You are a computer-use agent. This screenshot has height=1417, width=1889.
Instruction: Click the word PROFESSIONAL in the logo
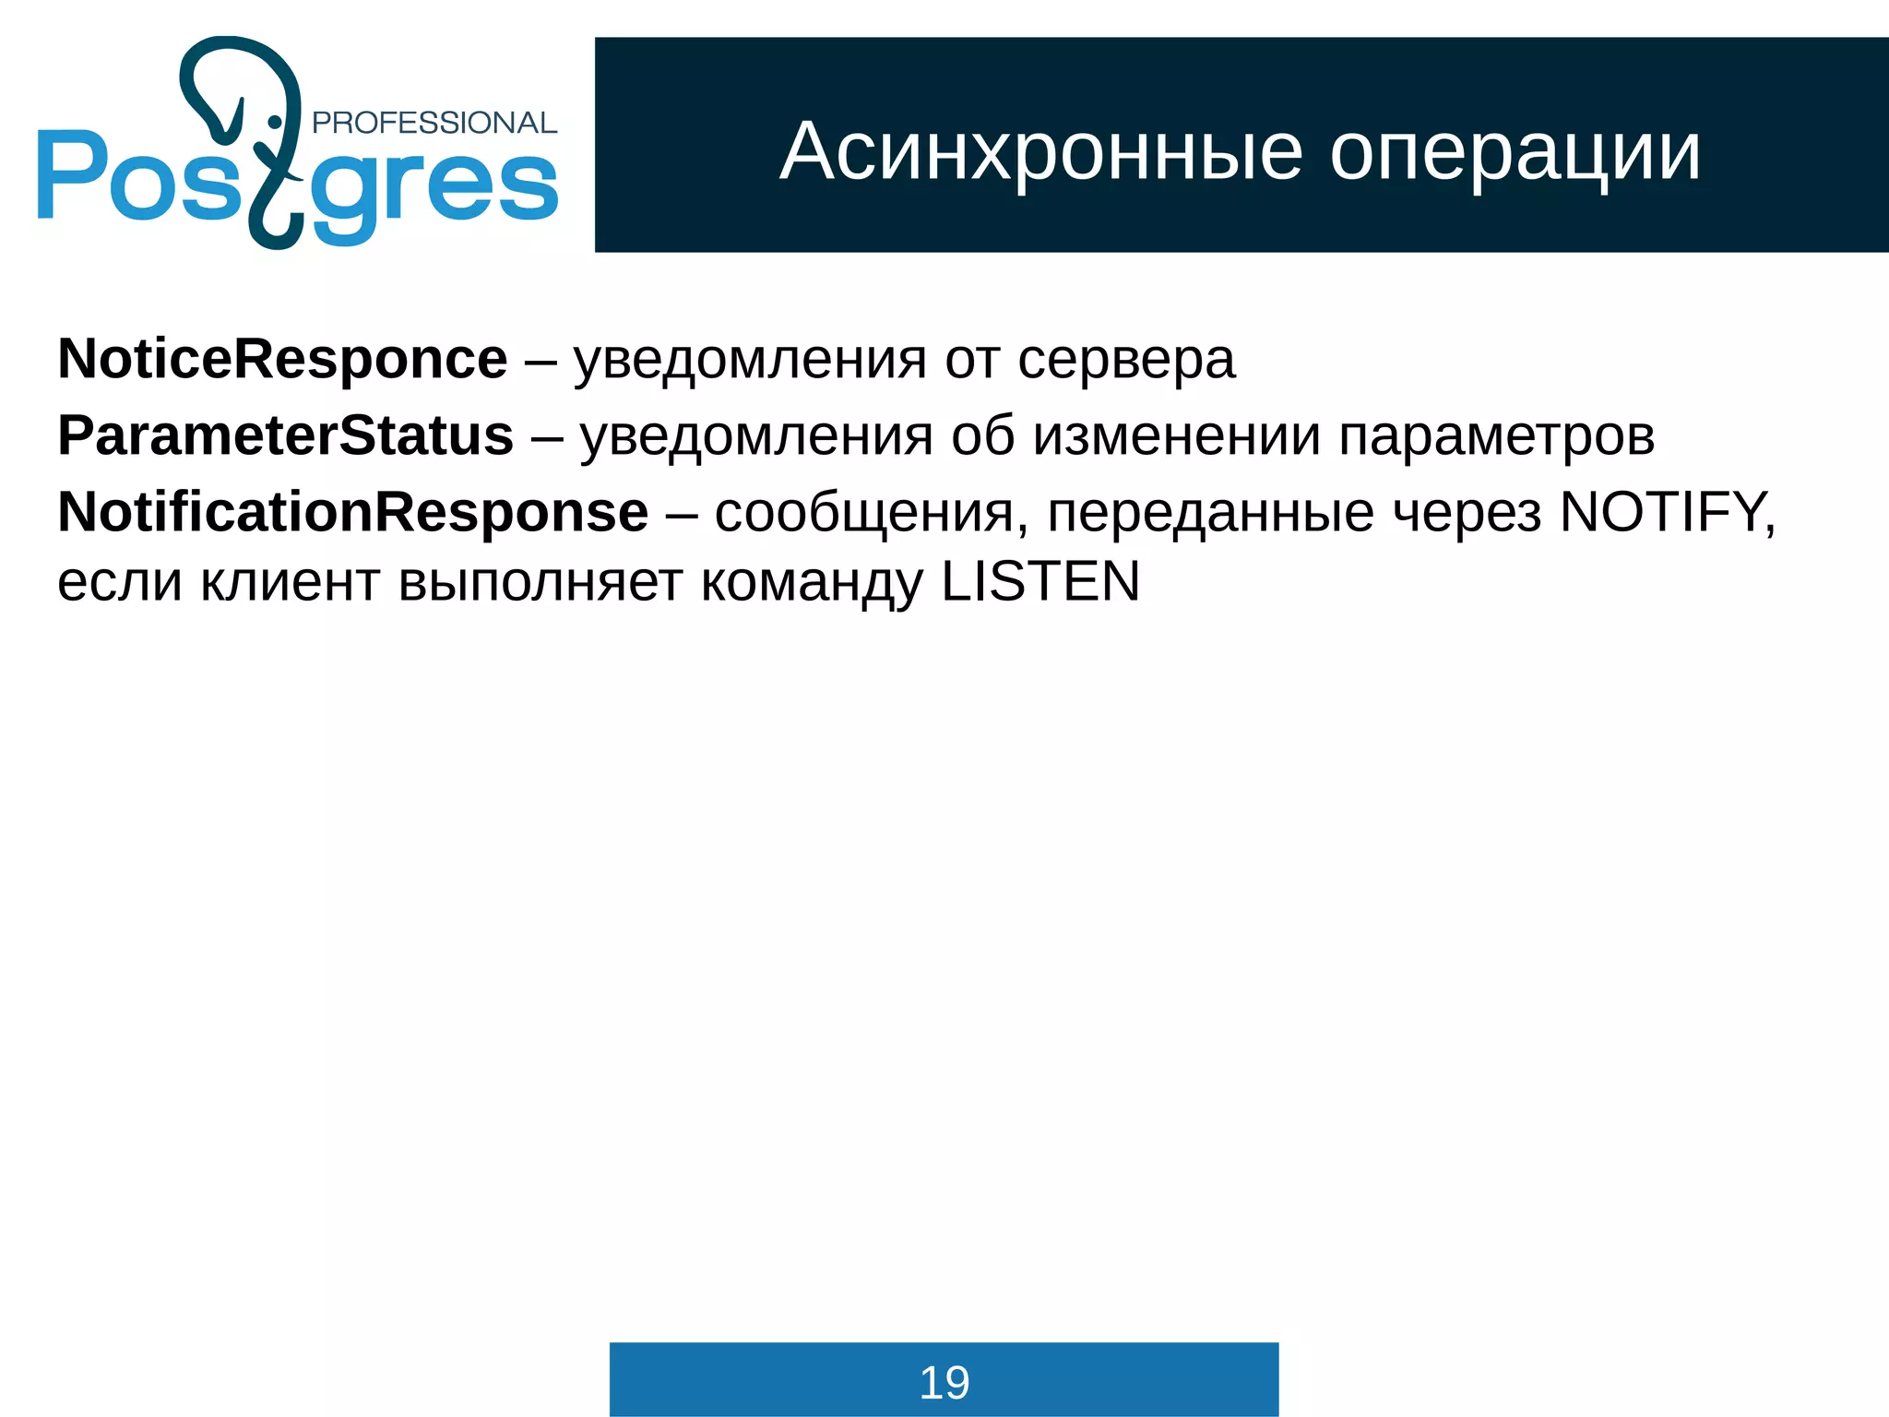coord(434,123)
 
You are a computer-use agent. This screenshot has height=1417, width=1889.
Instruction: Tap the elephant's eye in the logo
coord(274,122)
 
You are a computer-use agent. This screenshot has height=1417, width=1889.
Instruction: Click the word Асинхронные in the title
coord(1041,151)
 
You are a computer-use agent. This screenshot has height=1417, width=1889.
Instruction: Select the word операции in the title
coord(1515,153)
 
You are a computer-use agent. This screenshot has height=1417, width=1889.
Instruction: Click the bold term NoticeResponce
coord(282,359)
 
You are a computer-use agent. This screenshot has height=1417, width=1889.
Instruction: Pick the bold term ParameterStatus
coord(285,435)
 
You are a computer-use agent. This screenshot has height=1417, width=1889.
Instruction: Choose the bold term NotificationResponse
coord(352,512)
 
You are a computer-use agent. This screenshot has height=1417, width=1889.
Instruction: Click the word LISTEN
coord(1040,582)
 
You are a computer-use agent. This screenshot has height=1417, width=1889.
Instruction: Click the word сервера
coord(1126,360)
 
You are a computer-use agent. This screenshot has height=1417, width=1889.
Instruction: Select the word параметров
coord(1496,437)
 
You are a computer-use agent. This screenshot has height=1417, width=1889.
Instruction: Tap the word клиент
coord(290,583)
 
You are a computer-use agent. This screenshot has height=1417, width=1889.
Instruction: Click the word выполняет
coord(541,583)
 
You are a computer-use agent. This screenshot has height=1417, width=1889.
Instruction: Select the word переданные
coord(1210,514)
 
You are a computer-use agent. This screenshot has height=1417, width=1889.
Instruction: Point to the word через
coord(1467,514)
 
